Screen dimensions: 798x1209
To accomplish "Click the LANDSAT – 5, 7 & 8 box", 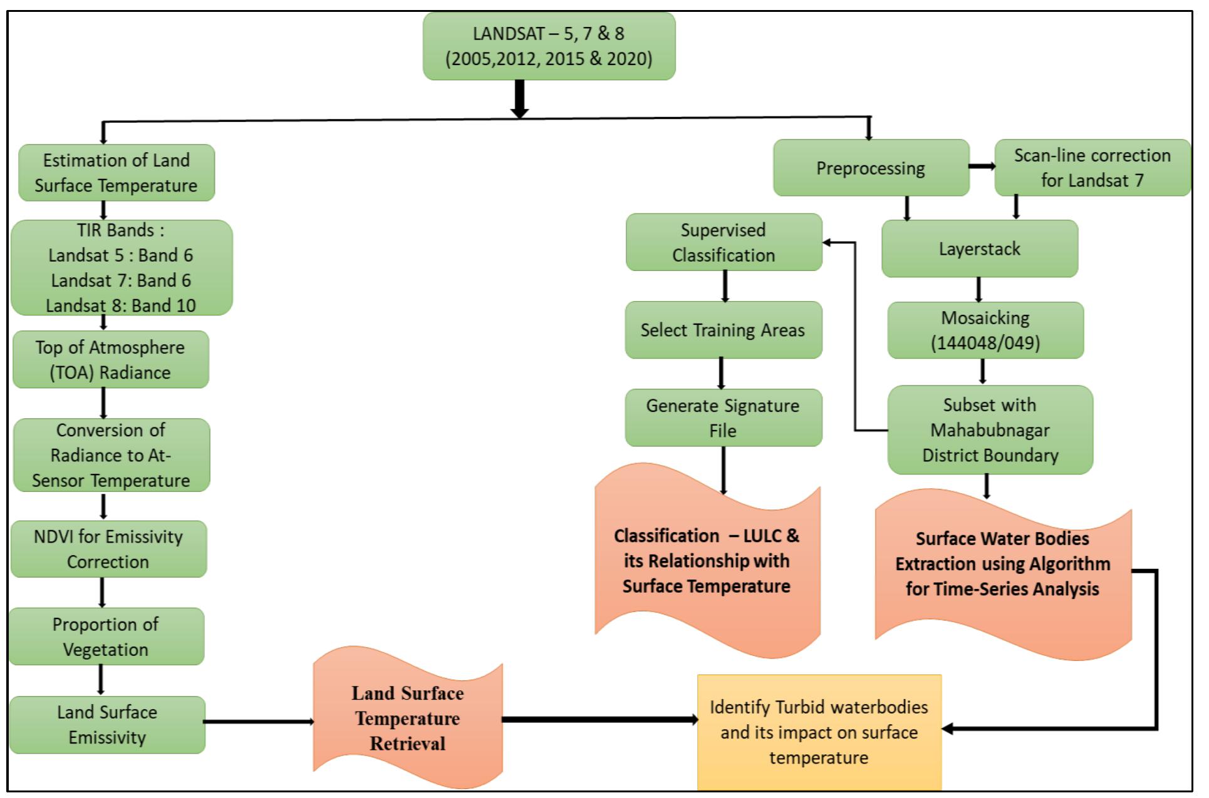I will click(549, 46).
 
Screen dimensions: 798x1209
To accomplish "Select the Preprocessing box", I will click(871, 168).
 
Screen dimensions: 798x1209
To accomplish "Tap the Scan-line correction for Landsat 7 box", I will click(1092, 168).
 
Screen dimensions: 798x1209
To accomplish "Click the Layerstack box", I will click(979, 248).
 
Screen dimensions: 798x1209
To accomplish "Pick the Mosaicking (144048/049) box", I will click(985, 330).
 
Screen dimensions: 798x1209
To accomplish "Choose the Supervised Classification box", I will click(724, 242).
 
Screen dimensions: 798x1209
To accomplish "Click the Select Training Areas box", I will click(723, 330).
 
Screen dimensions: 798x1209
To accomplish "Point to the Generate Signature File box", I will click(723, 417).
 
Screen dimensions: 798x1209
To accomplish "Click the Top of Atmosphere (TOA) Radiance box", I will click(110, 359).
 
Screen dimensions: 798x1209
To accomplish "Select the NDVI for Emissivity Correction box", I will click(108, 549).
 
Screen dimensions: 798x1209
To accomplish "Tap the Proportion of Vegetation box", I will click(106, 637).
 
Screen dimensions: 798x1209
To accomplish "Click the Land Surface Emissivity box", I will click(107, 724).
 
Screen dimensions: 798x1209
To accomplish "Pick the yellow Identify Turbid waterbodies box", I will click(819, 732).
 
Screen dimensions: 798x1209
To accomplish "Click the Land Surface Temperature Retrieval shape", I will click(407, 718).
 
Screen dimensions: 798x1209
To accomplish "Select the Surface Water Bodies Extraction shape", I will click(1002, 563).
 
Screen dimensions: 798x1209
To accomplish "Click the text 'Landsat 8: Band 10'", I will click(121, 305).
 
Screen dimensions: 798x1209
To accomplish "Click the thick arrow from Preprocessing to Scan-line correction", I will click(982, 166).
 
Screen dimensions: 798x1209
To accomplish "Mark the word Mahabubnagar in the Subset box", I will click(990, 430).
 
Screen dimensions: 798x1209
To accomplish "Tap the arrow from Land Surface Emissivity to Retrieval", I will click(258, 722).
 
